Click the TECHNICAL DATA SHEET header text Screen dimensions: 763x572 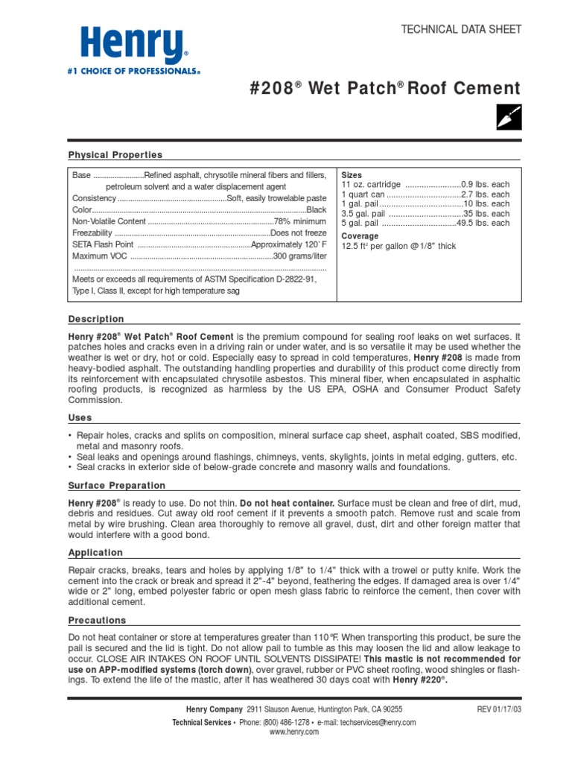coord(462,29)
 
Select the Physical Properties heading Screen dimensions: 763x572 coord(115,155)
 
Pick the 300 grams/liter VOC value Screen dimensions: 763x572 coord(299,256)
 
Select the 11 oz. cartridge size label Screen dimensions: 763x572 coord(371,184)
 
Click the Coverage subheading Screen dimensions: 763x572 coord(360,236)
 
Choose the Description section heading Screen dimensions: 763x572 coord(96,319)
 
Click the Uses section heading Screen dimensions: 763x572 coord(81,419)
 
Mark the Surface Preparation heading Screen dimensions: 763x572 coord(117,486)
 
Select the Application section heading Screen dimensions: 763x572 coord(95,553)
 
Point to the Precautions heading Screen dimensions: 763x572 coord(98,621)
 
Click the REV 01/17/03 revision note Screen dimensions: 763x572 coord(500,710)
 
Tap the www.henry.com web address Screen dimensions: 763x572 coord(294,732)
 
